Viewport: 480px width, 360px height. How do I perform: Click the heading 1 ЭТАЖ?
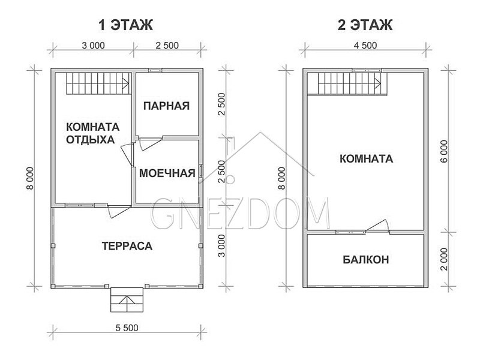click(x=125, y=25)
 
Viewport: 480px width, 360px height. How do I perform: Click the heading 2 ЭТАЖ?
click(x=365, y=25)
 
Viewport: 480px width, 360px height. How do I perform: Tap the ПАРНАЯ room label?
click(x=167, y=106)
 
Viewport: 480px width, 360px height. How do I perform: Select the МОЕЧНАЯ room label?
click(x=167, y=173)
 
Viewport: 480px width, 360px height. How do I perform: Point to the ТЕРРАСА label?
click(x=127, y=246)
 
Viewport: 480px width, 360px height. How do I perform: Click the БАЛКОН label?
click(x=366, y=260)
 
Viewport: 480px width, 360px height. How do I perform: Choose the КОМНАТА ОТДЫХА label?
click(x=93, y=133)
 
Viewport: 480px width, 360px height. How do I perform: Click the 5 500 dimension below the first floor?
click(x=127, y=328)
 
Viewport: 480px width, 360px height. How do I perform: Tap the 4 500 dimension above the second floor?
click(x=365, y=46)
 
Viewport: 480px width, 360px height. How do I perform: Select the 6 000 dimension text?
click(x=445, y=151)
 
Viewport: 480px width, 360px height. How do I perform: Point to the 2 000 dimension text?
click(x=445, y=259)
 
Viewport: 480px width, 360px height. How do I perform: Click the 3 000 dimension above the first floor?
click(x=94, y=46)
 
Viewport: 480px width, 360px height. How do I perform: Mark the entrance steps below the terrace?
click(x=127, y=299)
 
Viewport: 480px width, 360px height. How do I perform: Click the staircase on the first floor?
click(x=98, y=83)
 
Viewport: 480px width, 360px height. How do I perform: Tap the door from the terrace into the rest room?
click(x=119, y=211)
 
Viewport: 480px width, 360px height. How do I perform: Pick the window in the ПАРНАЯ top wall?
click(x=155, y=70)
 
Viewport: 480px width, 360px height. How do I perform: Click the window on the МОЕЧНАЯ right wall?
click(x=201, y=171)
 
